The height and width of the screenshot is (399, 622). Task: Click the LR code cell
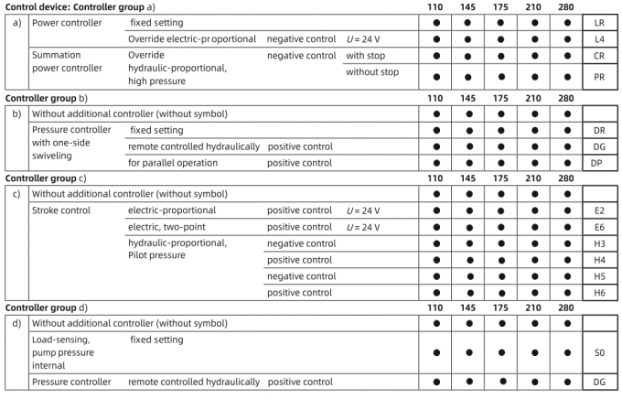point(599,23)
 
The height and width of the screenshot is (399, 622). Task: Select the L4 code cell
point(599,39)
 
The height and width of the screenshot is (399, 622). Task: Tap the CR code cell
point(599,56)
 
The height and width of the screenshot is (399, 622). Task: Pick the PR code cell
point(599,78)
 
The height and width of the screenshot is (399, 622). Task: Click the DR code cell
point(599,130)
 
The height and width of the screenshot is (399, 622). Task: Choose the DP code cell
point(599,163)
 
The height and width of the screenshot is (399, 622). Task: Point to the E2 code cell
point(599,210)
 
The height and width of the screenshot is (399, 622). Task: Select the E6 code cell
point(599,227)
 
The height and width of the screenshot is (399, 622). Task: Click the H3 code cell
point(599,243)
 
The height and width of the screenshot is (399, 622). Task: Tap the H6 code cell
point(599,293)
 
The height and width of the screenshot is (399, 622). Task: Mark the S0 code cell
point(599,351)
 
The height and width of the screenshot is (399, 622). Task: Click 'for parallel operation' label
point(173,163)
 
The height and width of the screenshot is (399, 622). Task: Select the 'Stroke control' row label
point(62,210)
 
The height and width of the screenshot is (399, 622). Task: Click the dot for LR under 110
point(436,23)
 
